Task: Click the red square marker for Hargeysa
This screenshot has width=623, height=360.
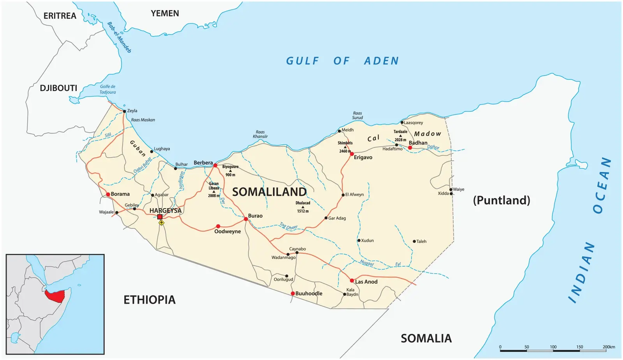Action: tap(160, 217)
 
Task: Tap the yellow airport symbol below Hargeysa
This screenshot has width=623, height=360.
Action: tap(162, 223)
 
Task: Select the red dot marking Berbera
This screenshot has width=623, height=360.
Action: tap(215, 165)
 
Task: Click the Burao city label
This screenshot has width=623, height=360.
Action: tap(255, 216)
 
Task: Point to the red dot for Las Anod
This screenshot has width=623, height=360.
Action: tap(352, 281)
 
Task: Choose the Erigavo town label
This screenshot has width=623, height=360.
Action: tap(363, 157)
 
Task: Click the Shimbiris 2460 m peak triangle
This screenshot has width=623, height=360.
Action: tap(345, 147)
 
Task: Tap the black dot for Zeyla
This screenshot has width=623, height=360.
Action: tap(125, 111)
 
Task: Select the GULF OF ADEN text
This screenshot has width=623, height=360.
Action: tap(342, 61)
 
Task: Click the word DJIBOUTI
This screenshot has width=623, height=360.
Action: tap(58, 88)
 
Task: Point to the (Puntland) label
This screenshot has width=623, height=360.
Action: tap(502, 200)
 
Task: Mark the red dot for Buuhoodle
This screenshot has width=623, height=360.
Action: tap(293, 293)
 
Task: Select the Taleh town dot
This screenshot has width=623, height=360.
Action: tap(414, 241)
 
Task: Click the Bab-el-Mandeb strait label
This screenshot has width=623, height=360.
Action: tap(119, 37)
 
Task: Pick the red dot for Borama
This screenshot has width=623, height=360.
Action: tap(108, 194)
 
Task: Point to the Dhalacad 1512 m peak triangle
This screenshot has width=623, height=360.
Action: tap(303, 207)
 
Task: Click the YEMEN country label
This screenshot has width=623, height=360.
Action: tap(165, 13)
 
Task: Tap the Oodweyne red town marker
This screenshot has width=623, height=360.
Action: tap(218, 226)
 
